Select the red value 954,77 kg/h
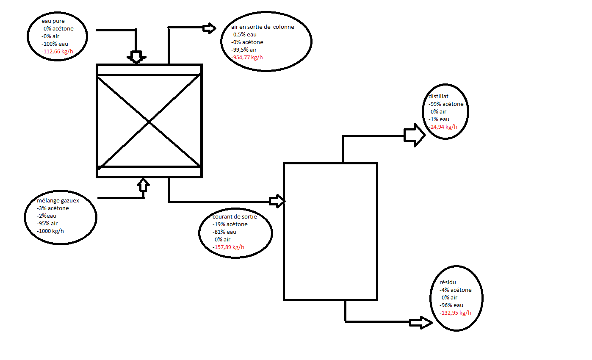tap(248, 57)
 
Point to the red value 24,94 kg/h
tap(443, 127)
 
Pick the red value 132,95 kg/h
tap(456, 313)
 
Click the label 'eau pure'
tap(52, 21)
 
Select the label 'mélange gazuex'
tap(58, 201)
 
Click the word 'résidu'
tap(448, 282)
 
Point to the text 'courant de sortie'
tap(235, 217)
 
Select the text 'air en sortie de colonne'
tap(263, 27)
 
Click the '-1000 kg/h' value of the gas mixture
tap(50, 231)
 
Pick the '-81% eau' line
tap(224, 232)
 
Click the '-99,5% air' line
tap(244, 50)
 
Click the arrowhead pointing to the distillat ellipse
tap(415, 135)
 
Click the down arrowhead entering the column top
tap(136, 57)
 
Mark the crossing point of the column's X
tap(149, 122)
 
